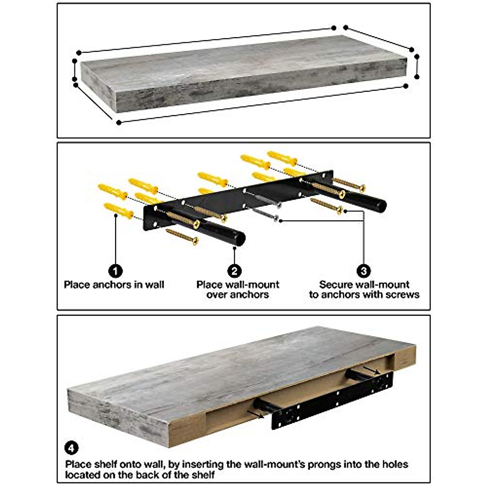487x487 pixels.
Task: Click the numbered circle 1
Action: (116, 271)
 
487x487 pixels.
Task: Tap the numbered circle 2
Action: (235, 271)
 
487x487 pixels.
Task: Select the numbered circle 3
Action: (363, 271)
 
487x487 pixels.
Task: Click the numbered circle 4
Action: (71, 448)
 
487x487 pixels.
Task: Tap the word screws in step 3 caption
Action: (400, 295)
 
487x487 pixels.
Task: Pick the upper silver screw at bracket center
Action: (277, 204)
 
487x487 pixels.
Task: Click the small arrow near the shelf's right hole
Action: (371, 370)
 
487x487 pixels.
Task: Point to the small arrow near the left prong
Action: (255, 413)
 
